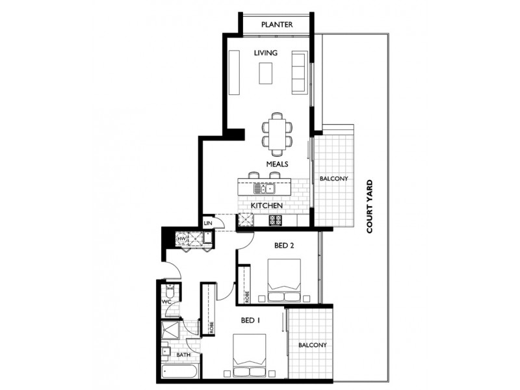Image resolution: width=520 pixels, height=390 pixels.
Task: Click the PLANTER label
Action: [x=276, y=25]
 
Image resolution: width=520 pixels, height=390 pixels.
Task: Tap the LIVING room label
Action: [x=266, y=53]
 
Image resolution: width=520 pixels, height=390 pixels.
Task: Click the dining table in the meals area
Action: [x=278, y=132]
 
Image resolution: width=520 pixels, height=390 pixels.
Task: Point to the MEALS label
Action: [x=277, y=164]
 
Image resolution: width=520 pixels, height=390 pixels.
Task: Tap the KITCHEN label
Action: [x=266, y=205]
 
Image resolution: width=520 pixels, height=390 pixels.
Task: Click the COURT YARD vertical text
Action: [x=369, y=206]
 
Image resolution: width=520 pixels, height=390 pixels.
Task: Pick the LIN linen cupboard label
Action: [x=208, y=223]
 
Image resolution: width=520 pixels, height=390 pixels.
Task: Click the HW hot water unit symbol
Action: [x=183, y=239]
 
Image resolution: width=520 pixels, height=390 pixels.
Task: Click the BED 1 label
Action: [x=251, y=320]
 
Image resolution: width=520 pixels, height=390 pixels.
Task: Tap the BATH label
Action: [x=183, y=355]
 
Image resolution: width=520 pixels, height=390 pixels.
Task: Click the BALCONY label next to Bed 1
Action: [x=312, y=345]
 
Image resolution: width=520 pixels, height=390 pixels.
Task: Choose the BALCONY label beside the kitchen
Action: [x=333, y=179]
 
